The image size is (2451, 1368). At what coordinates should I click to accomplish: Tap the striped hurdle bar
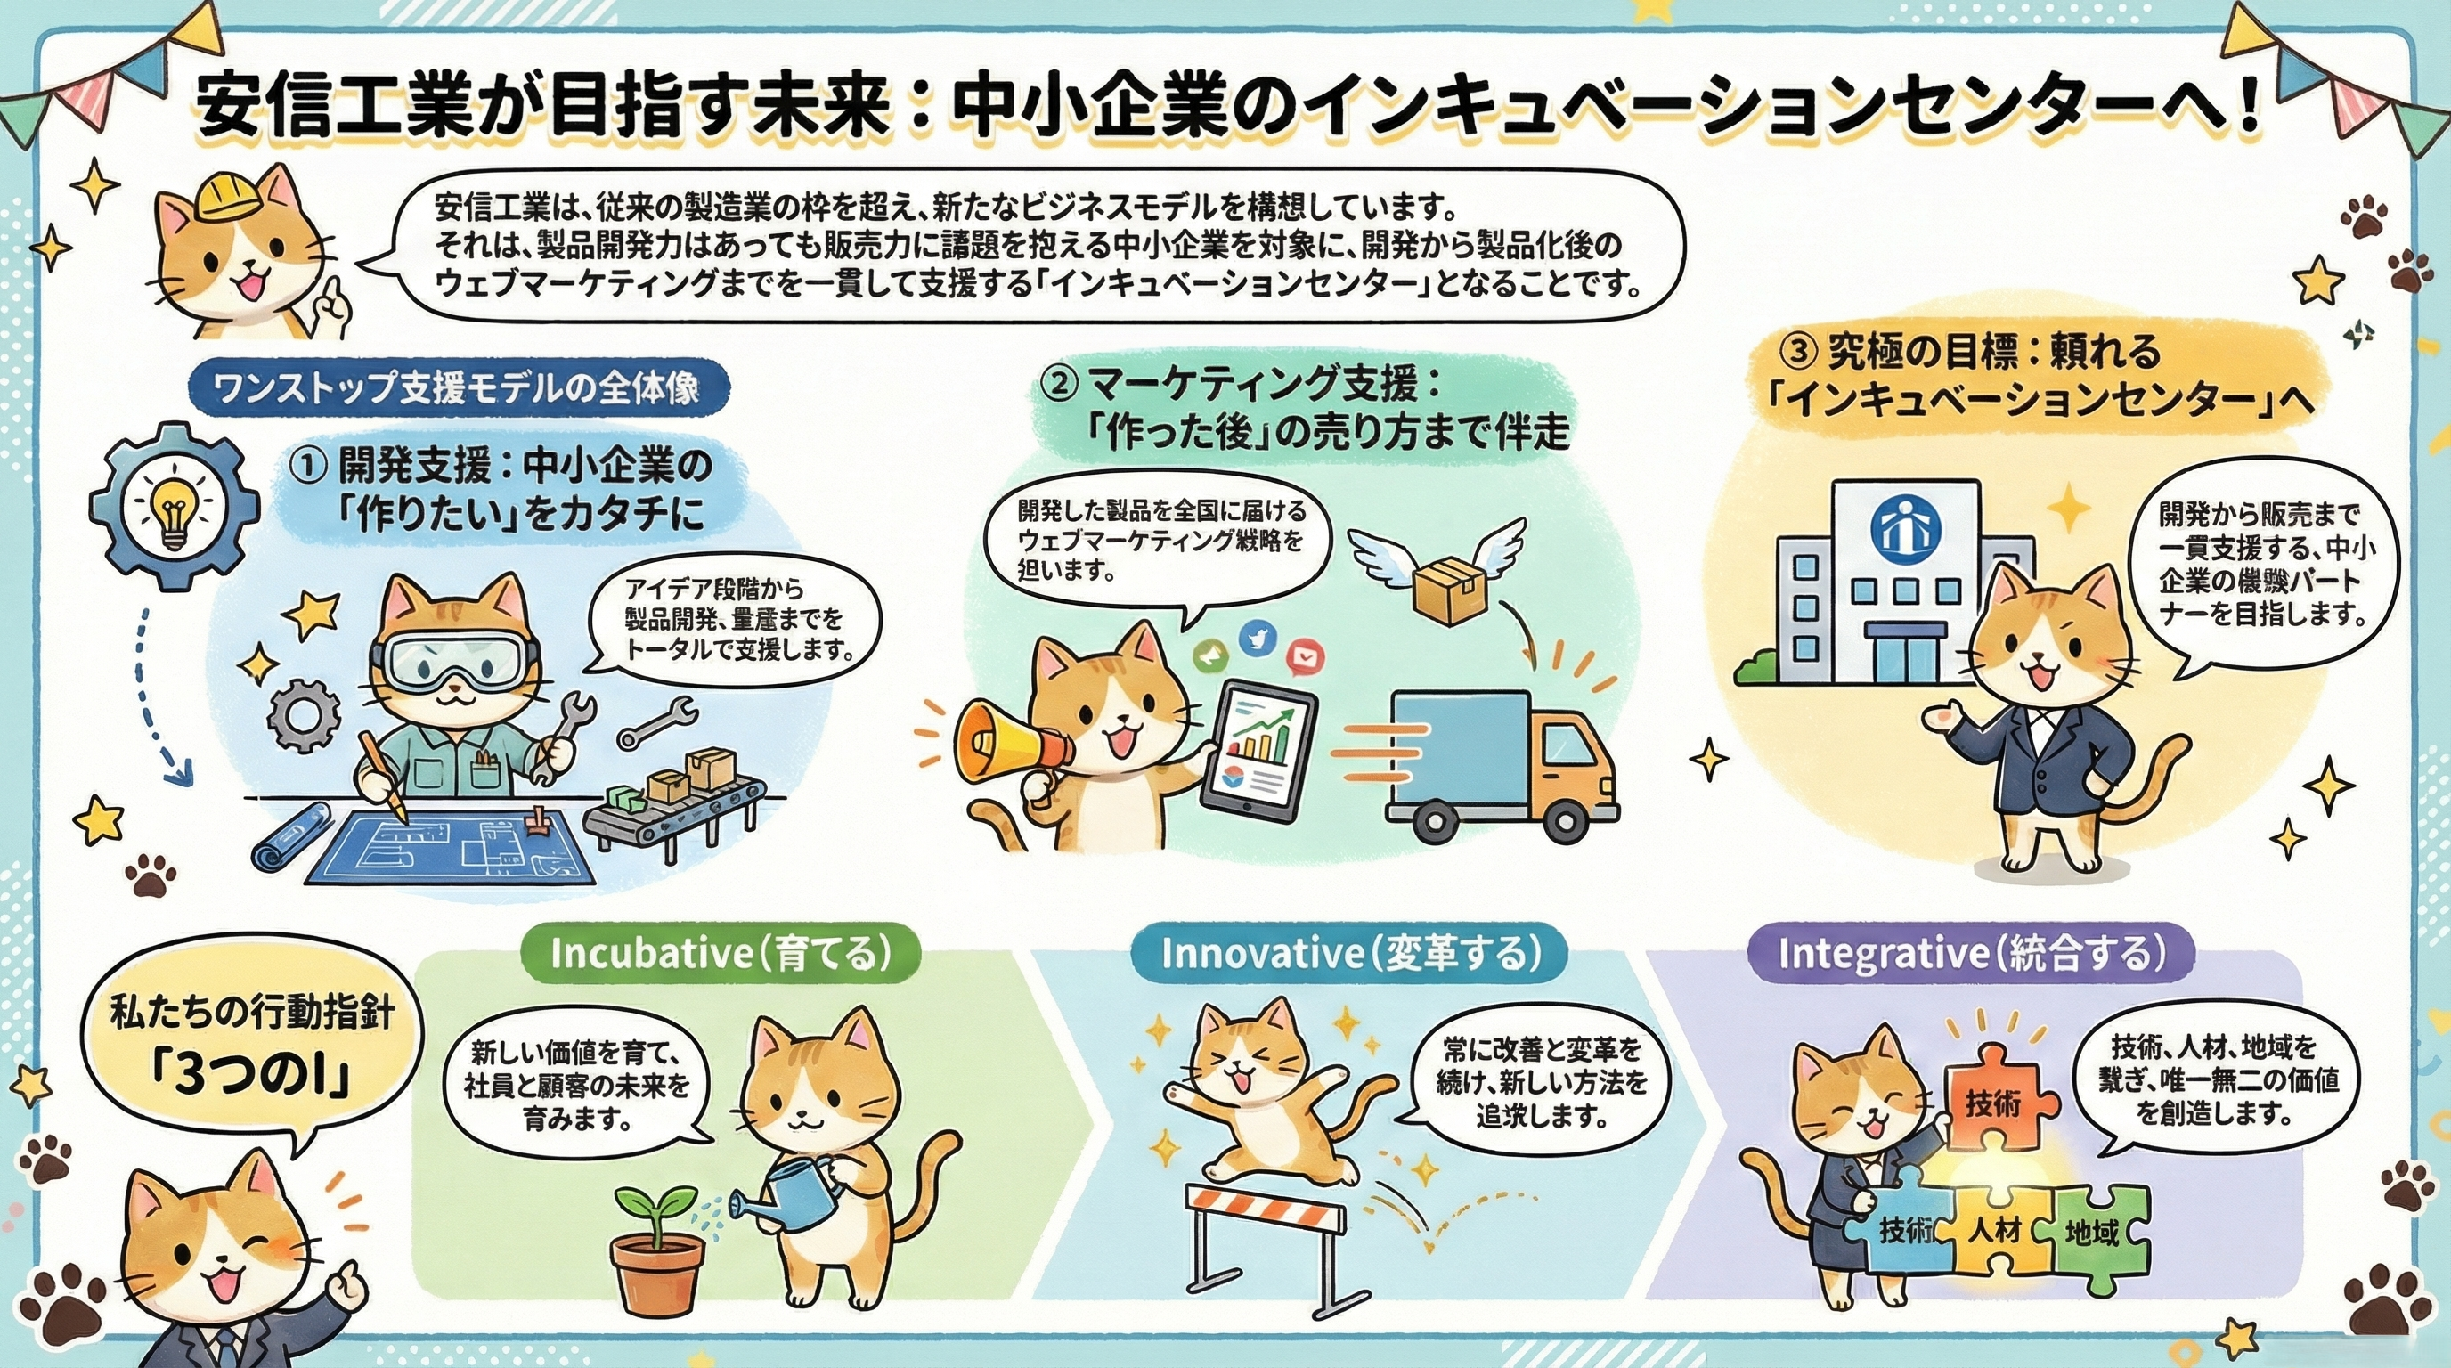1266,1211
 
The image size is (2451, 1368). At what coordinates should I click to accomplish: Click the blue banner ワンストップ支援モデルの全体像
460,388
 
